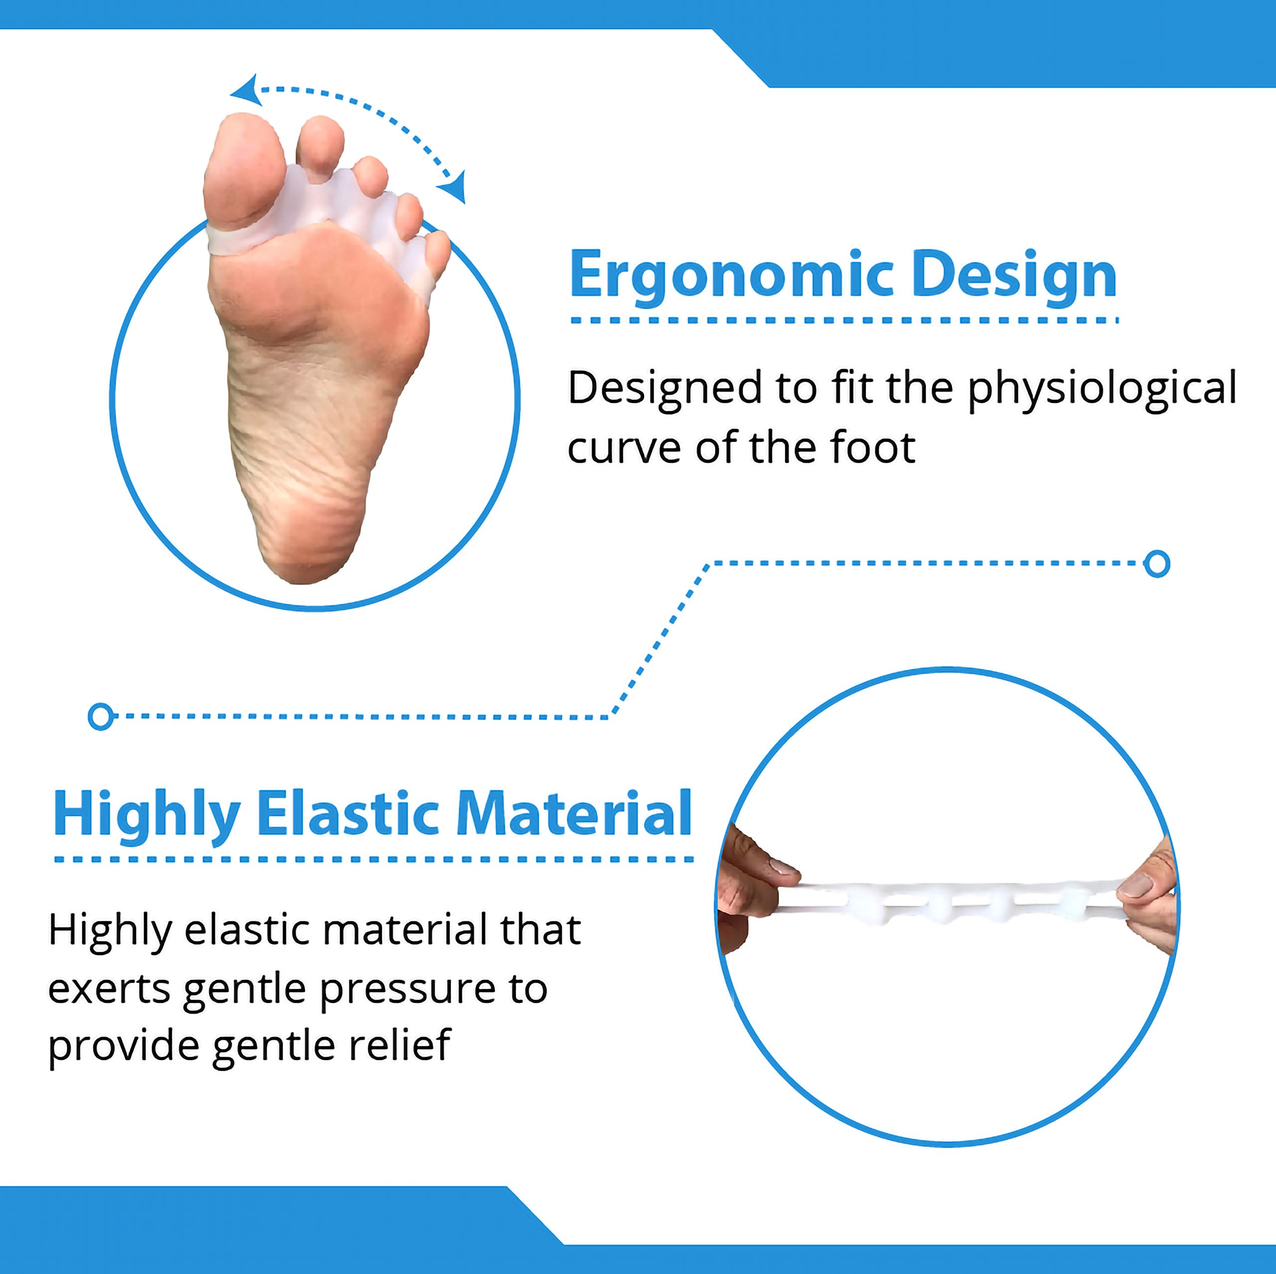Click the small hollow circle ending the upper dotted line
tap(1156, 563)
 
